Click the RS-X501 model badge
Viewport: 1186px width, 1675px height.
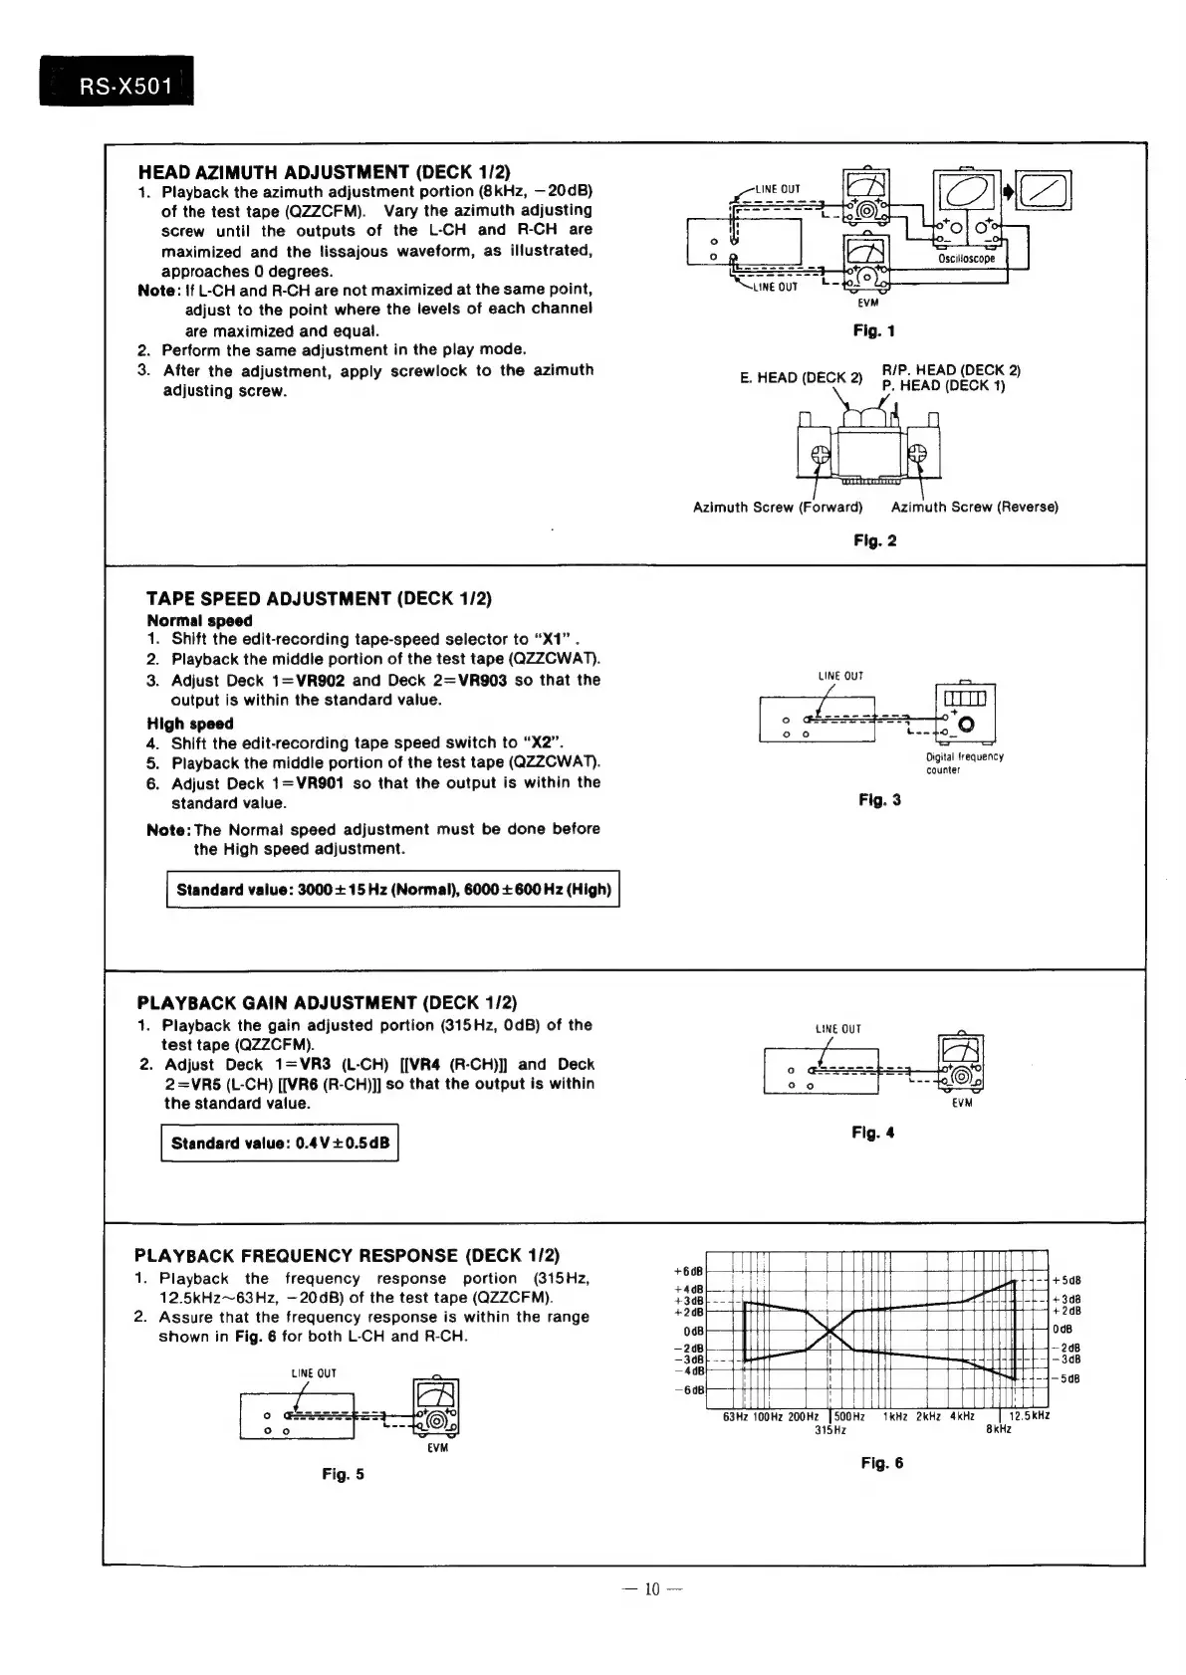click(x=117, y=84)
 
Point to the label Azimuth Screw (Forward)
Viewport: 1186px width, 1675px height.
click(x=777, y=508)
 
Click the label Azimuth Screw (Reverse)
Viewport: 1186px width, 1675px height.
click(x=974, y=508)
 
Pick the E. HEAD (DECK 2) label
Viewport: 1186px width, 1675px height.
click(x=801, y=378)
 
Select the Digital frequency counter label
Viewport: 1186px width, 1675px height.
click(x=964, y=763)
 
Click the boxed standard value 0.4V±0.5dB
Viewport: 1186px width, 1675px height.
click(x=280, y=1143)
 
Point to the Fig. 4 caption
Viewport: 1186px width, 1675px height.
click(x=872, y=1133)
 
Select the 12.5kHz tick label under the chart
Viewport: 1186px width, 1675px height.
click(x=1029, y=1416)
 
